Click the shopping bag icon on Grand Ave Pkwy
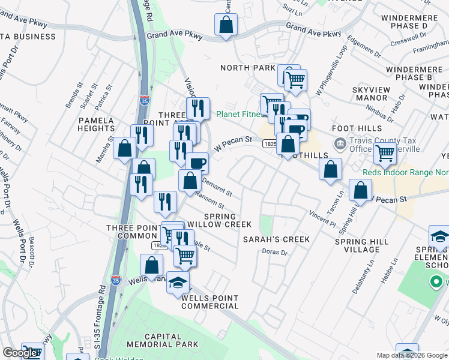coord(226,25)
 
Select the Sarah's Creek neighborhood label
coord(276,239)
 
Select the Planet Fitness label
coord(240,114)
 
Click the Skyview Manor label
coord(371,94)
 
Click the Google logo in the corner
coord(20,353)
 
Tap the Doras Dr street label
coord(276,252)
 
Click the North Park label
coord(247,68)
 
